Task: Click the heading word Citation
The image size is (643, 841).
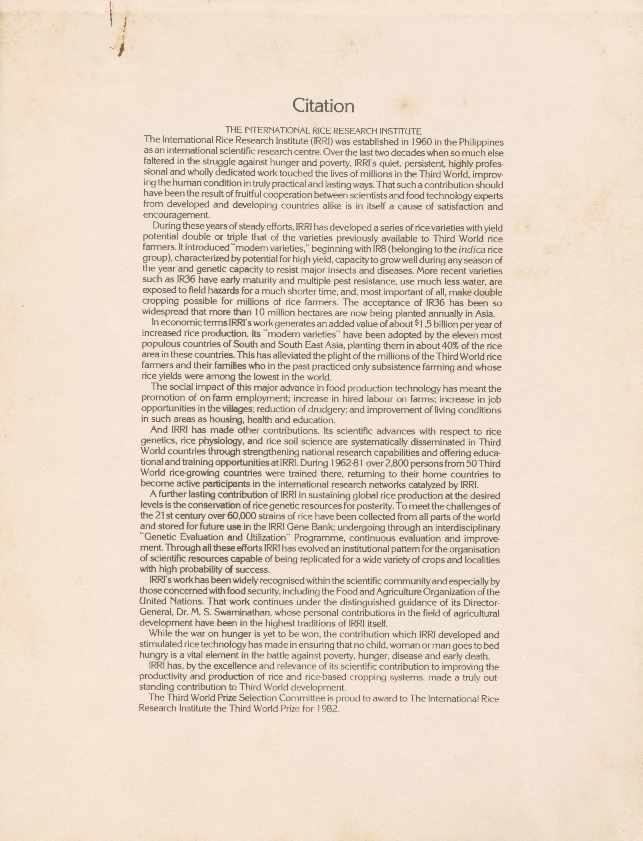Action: click(x=323, y=106)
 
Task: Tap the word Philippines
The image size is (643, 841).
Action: click(x=481, y=142)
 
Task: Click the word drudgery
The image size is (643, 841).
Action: click(x=329, y=410)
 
